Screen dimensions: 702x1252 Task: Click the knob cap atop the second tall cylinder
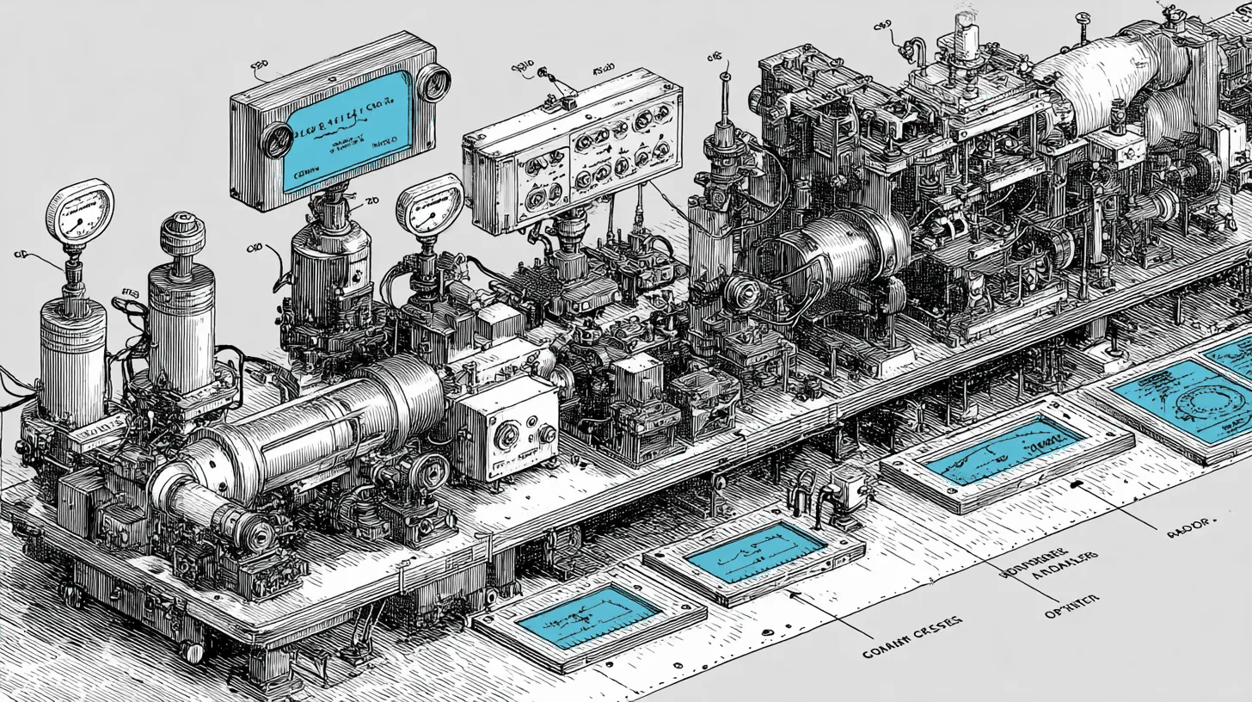181,233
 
